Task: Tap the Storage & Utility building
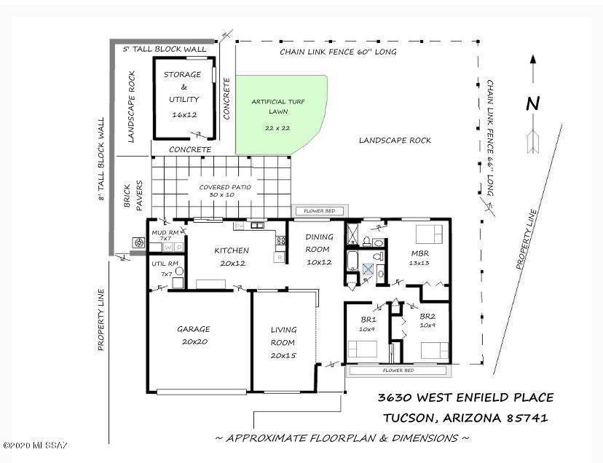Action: [x=184, y=98]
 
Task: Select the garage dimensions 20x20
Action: [x=194, y=342]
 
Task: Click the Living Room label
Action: [x=283, y=336]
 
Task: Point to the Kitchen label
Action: [x=232, y=250]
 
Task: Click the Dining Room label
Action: [x=319, y=243]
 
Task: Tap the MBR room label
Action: [x=420, y=253]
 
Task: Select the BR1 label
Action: [x=368, y=320]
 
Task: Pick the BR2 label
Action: [x=427, y=317]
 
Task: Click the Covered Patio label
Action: [x=225, y=187]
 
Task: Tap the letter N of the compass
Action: [x=532, y=104]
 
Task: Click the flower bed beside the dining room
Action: [x=320, y=210]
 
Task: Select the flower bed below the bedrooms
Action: [x=398, y=371]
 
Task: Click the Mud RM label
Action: [x=165, y=233]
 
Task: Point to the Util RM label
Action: [x=165, y=264]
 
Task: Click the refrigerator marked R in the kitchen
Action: [x=279, y=257]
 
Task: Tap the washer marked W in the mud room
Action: [x=167, y=248]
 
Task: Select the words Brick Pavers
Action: [x=133, y=196]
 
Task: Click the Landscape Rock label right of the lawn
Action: [x=395, y=141]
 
